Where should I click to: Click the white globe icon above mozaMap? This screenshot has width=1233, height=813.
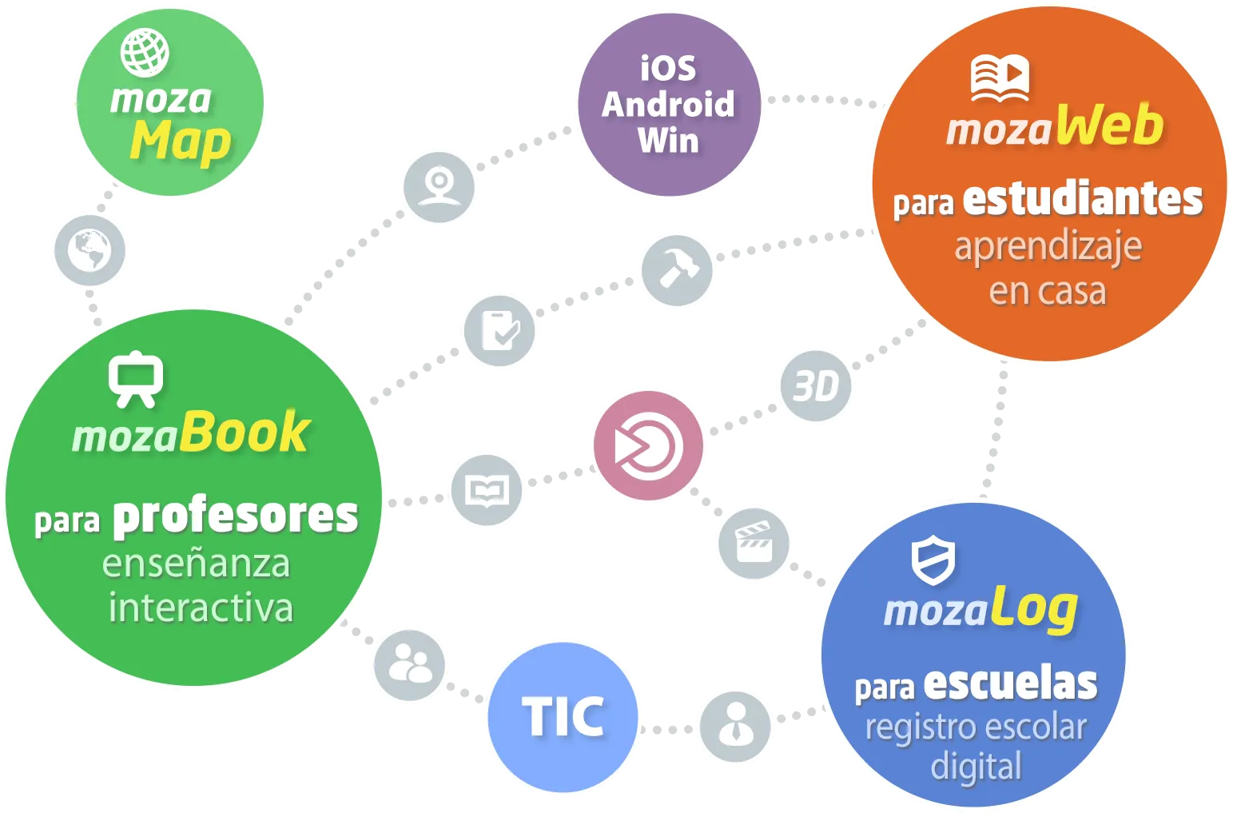145,53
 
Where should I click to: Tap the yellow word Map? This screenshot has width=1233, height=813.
180,143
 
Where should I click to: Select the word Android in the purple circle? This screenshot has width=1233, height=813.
668,104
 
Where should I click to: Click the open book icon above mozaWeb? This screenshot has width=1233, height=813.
1000,78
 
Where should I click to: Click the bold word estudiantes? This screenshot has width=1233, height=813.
1083,199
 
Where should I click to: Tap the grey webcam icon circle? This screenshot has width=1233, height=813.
439,187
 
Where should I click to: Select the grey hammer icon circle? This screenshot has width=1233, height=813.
677,270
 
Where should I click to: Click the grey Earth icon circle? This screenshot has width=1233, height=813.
89,250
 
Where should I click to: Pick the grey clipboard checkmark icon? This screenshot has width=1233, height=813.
499,330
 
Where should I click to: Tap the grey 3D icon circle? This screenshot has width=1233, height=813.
816,385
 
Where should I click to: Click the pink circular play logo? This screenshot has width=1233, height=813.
648,445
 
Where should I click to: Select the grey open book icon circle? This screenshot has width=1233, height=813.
487,490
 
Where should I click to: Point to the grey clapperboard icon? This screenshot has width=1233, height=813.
754,543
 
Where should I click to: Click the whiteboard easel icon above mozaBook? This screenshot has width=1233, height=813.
136,379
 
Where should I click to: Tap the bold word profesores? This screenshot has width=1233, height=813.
236,516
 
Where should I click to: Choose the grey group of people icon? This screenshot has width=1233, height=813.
409,665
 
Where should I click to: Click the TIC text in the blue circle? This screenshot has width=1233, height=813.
563,716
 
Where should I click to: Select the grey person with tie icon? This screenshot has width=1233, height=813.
735,727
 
